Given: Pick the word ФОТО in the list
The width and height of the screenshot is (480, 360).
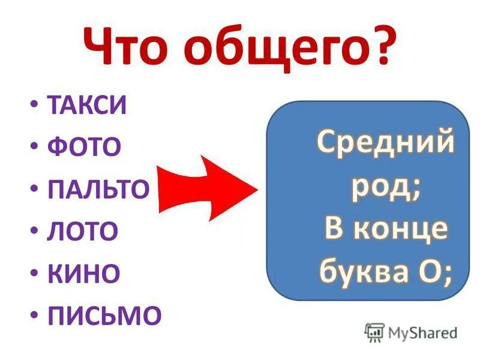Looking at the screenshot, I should pos(83,148).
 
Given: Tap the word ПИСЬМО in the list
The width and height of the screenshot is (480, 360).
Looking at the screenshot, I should pos(104,316).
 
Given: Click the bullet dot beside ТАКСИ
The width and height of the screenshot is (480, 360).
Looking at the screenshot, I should pos(34,106).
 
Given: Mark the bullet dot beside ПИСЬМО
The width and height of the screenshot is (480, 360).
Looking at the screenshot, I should pos(34,315).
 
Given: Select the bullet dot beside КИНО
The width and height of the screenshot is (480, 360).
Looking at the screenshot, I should pos(34,273).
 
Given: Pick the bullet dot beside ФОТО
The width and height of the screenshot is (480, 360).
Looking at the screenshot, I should pos(34,148).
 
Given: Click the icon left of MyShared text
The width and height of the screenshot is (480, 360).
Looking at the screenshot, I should pos(375,332).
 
